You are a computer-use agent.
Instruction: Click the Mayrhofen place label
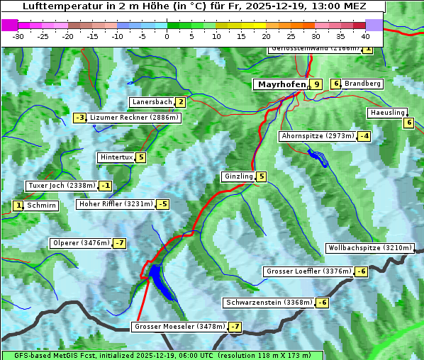[281, 84]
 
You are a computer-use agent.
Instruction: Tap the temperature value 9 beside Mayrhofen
[316, 84]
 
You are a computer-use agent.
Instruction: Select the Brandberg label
[363, 84]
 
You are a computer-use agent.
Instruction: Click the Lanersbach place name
[152, 102]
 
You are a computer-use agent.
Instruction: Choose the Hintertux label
[116, 157]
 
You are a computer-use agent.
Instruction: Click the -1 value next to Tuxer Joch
[106, 186]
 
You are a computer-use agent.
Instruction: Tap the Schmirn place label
[42, 206]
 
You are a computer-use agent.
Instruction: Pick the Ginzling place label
[238, 176]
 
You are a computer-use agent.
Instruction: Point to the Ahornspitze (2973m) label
[318, 135]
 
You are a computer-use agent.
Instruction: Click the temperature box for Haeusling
[408, 123]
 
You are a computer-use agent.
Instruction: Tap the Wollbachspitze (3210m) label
[369, 248]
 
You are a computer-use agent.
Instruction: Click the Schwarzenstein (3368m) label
[268, 303]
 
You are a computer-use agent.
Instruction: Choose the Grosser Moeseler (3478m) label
[179, 327]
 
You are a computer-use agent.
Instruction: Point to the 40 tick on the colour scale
[364, 36]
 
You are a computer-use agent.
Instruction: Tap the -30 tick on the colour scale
[18, 36]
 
